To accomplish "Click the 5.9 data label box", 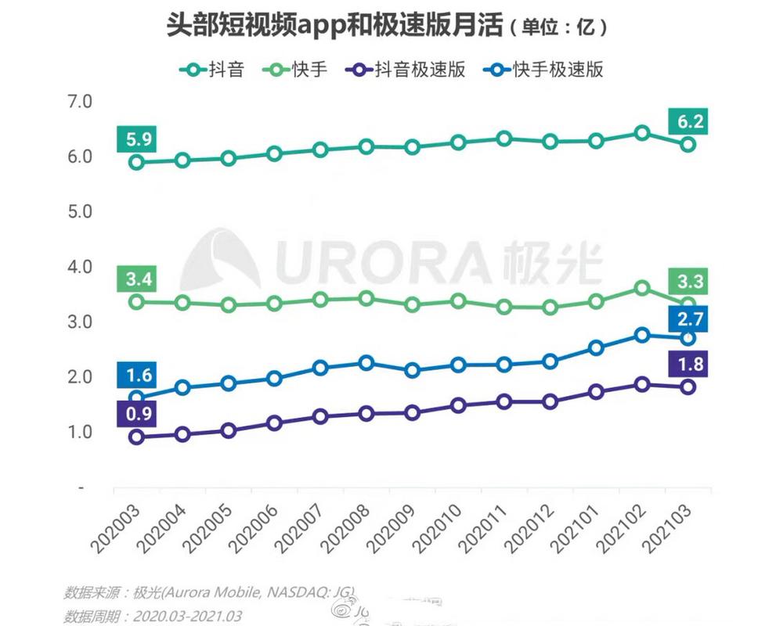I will [134, 139].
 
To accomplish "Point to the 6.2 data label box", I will [688, 122].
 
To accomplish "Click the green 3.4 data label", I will [134, 279].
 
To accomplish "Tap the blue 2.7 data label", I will [688, 318].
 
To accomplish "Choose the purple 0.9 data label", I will [134, 414].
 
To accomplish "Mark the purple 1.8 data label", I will [688, 364].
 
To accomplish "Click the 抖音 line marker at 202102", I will [641, 133].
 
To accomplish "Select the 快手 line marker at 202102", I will [641, 288].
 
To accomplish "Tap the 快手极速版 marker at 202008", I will [366, 362].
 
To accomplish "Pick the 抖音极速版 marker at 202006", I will [273, 423].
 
